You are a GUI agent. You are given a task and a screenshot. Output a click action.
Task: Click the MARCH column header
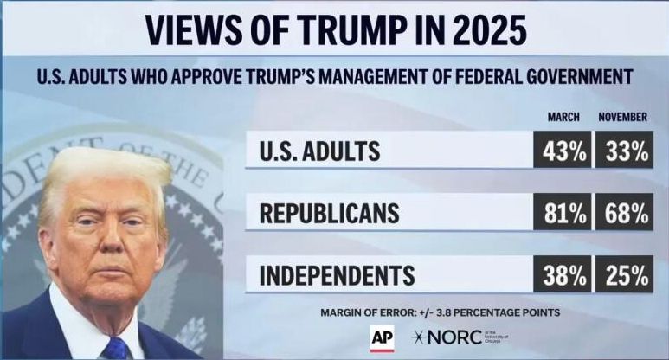tap(563, 117)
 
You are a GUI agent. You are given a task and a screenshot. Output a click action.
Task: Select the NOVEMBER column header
tap(623, 117)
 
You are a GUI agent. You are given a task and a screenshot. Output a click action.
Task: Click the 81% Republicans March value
tap(563, 213)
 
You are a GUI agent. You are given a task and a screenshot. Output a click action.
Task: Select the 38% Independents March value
tap(563, 275)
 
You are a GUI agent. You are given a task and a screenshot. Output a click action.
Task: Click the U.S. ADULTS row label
tap(319, 151)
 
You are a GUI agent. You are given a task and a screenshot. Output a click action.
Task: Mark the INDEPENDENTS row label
tap(338, 276)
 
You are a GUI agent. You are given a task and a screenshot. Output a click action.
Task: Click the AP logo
tap(383, 337)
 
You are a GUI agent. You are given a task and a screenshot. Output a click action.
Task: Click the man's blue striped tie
tap(115, 349)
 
